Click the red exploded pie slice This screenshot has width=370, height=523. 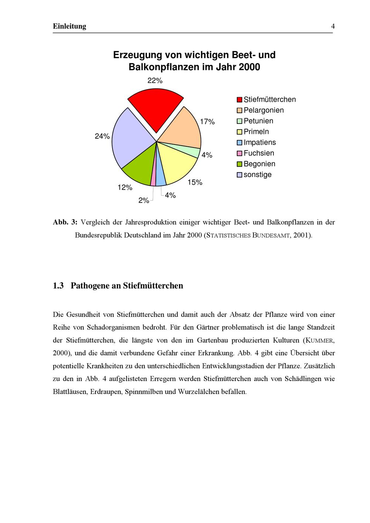click(156, 107)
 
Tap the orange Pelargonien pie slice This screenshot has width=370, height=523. click(181, 128)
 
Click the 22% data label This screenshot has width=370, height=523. click(155, 81)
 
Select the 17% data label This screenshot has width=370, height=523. click(207, 122)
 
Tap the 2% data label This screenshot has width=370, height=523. click(144, 200)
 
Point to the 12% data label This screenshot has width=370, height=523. click(125, 187)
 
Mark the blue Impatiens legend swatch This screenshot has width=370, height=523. click(239, 143)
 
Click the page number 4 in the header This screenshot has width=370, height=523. click(333, 26)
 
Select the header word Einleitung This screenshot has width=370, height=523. click(70, 26)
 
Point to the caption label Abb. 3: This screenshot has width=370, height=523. click(65, 222)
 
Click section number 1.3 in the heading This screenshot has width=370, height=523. click(58, 286)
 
